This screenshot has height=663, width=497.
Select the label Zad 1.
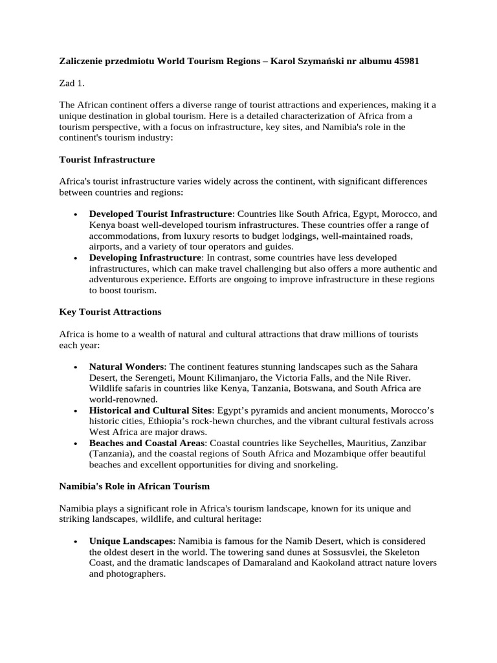coord(72,84)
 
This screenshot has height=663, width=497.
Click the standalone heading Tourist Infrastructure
coord(107,159)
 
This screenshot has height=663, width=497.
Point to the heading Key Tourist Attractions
coord(110,312)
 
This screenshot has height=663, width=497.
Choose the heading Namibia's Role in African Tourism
coord(135,486)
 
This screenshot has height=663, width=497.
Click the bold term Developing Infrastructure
coord(145,258)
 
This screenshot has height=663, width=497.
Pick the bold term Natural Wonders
coord(127,366)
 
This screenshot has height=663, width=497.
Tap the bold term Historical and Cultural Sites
coord(150,410)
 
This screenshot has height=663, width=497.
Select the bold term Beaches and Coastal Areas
coord(147,443)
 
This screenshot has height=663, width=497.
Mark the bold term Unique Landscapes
coord(131,541)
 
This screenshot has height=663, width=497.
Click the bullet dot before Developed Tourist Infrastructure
coord(76,214)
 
